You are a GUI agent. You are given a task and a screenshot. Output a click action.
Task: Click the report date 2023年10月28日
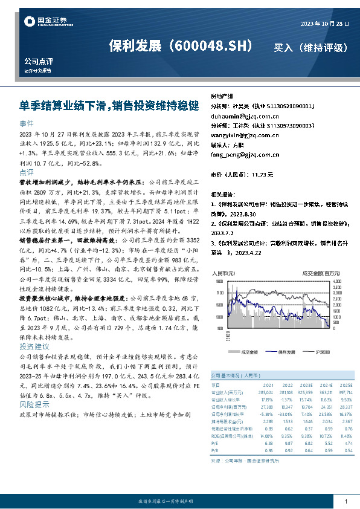[x=325, y=24]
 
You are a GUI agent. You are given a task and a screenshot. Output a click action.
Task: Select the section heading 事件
[x=27, y=123]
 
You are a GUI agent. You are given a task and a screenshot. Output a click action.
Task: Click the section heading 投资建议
[x=34, y=347]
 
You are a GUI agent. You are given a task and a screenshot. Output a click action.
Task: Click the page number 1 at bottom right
[x=346, y=502]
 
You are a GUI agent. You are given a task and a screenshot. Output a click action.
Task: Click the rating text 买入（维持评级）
[x=310, y=47]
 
